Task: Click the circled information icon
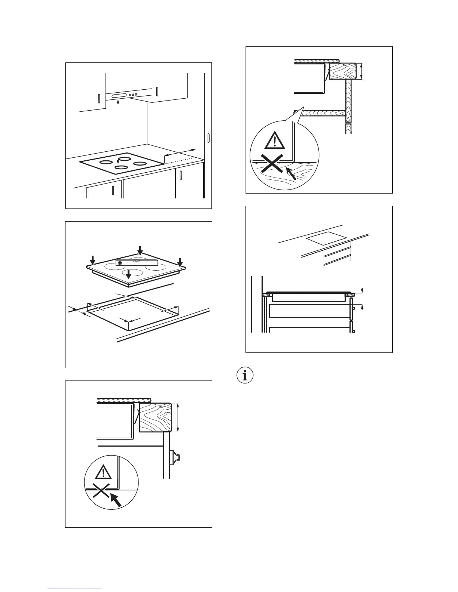coord(245,376)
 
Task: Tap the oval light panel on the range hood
coord(119,96)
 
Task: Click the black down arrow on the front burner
coord(128,275)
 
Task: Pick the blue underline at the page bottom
coord(74,589)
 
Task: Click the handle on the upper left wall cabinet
coord(98,99)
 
